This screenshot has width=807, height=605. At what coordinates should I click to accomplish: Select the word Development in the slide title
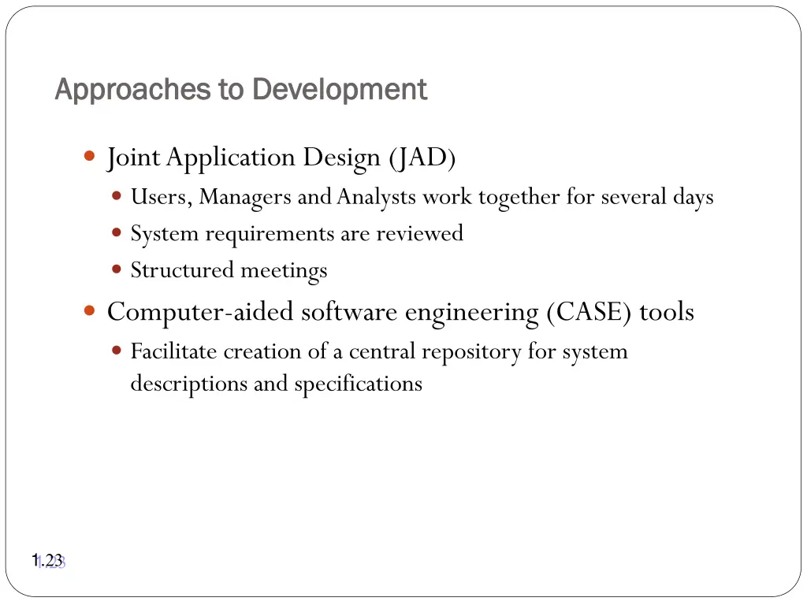[340, 90]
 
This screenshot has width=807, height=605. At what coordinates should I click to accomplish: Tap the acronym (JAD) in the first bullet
[422, 158]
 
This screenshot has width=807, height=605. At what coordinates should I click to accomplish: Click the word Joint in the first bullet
[134, 158]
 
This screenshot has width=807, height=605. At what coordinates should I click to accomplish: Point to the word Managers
[246, 197]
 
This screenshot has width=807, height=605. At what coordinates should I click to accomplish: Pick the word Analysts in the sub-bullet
[376, 197]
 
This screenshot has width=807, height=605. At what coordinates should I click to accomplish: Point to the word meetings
[284, 271]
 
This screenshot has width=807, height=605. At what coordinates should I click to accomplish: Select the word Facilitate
[174, 351]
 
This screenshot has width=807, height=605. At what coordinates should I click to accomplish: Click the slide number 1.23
[48, 561]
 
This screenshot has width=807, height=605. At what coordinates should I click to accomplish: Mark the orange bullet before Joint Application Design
[89, 156]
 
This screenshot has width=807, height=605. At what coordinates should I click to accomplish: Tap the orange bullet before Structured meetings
[117, 269]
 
